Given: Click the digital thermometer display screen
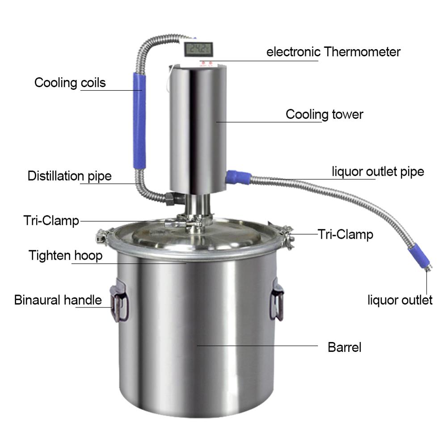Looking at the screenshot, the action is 198,49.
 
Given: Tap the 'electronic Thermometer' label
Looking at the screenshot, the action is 333,52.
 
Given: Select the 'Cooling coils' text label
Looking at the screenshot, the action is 70,83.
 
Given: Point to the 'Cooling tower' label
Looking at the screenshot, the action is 325,114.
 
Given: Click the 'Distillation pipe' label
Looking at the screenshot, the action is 70,176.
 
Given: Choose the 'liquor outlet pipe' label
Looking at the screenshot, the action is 378,172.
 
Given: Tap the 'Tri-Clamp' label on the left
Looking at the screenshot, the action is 51,221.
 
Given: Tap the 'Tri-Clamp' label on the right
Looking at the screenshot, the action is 345,234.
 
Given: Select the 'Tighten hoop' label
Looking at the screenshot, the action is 66,255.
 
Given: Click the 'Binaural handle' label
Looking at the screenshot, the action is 58,300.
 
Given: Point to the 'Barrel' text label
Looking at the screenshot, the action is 344,347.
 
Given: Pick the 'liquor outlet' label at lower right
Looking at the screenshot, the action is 400,300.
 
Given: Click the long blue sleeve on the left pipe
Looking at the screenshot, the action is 139,121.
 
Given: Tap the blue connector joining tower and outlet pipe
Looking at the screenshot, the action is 238,177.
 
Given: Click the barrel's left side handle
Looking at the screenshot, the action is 120,301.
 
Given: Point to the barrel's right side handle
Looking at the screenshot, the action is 277,301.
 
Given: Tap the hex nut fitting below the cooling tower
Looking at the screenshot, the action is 173,199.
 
